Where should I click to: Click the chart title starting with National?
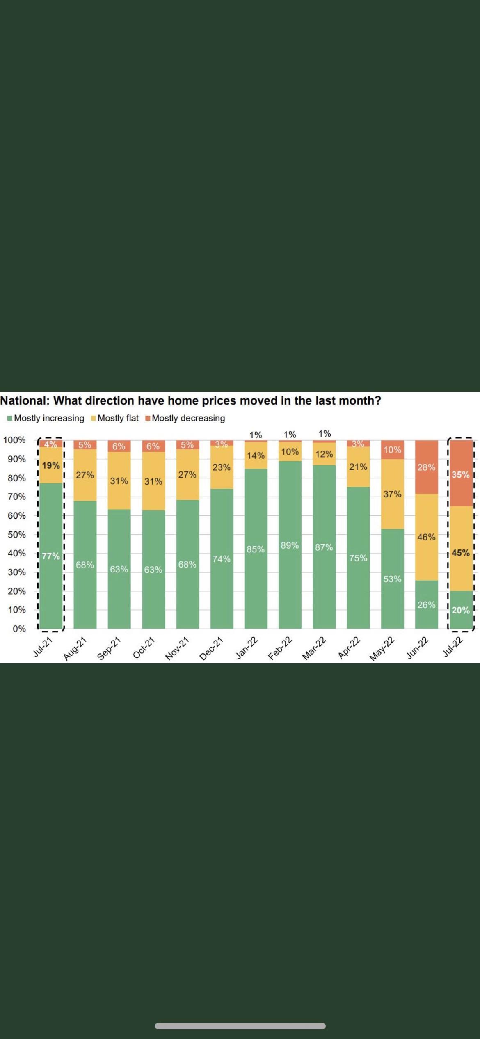(x=191, y=400)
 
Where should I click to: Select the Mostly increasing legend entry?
(x=46, y=418)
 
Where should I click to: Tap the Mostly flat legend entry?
(x=115, y=418)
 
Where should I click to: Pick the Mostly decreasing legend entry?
(x=185, y=418)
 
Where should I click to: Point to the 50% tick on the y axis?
(x=16, y=535)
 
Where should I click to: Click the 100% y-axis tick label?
(x=14, y=440)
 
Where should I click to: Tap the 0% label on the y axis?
(x=19, y=629)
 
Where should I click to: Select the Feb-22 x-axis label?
(x=280, y=648)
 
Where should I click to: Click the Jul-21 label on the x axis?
(x=42, y=647)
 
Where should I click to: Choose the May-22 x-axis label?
(x=382, y=649)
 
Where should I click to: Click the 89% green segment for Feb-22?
(x=290, y=545)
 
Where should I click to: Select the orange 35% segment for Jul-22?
(x=461, y=473)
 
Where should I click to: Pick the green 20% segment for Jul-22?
(x=461, y=610)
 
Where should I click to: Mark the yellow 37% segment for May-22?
(x=392, y=494)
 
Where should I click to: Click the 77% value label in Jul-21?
(x=51, y=556)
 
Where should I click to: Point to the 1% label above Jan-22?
(x=256, y=435)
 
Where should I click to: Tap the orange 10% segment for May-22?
(x=392, y=449)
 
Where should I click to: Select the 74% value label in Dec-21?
(x=222, y=559)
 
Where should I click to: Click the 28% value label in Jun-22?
(x=427, y=467)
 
